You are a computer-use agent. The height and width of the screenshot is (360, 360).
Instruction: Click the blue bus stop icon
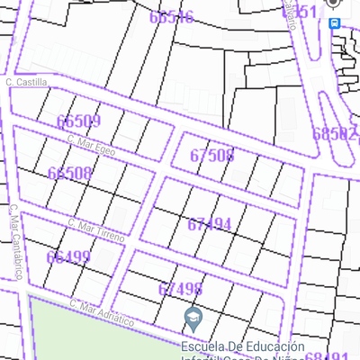tap(335, 22)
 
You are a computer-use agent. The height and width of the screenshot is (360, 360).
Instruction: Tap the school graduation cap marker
tap(193, 317)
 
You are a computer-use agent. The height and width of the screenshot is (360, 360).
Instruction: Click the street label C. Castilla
tap(25, 82)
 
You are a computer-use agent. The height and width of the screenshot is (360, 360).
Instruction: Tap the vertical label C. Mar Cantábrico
tap(14, 241)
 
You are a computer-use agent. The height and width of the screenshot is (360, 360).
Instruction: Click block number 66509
tap(78, 121)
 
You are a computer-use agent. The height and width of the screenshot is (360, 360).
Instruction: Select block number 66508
tap(69, 173)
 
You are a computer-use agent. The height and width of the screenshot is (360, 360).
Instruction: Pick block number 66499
tap(68, 257)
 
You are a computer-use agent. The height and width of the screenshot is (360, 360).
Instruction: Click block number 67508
tap(212, 155)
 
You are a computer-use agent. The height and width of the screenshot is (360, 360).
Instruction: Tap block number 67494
tap(210, 224)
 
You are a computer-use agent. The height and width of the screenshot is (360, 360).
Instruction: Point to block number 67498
tap(180, 289)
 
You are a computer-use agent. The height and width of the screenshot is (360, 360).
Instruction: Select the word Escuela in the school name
tap(201, 346)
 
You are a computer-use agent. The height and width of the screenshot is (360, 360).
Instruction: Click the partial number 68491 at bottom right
tap(328, 356)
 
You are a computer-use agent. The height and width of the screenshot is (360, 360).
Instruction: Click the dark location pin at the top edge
tap(334, 3)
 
